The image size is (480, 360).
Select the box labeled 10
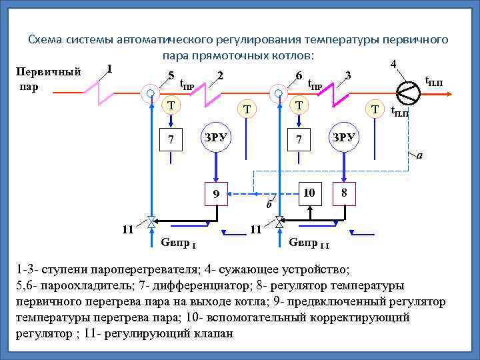[x=307, y=192]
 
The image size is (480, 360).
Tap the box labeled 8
[x=343, y=192]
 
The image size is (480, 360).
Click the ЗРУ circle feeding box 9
[x=215, y=137]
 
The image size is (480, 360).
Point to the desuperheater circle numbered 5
[x=151, y=93]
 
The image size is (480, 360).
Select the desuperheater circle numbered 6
[x=278, y=93]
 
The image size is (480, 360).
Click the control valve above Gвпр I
[x=152, y=221]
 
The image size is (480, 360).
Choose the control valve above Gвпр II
[x=279, y=221]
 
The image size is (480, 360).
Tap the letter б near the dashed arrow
[x=268, y=203]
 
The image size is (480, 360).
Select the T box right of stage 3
[x=375, y=109]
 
